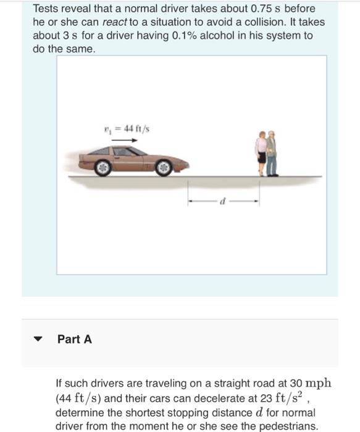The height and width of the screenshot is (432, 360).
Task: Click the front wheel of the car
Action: (164, 167)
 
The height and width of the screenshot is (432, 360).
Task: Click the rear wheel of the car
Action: (104, 167)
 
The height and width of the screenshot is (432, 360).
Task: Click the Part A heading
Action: (74, 339)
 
